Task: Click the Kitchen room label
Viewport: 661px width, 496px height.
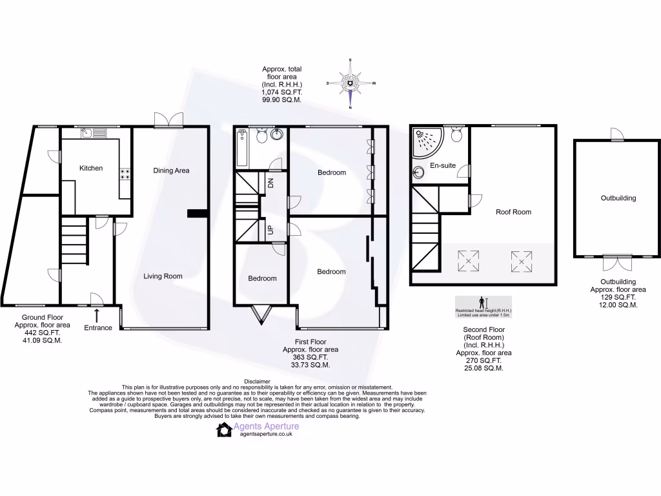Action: pyautogui.click(x=91, y=168)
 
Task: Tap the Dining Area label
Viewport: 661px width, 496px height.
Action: pyautogui.click(x=171, y=170)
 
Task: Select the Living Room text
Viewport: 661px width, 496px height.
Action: pyautogui.click(x=163, y=276)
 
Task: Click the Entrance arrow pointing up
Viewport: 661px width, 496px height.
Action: pyautogui.click(x=97, y=315)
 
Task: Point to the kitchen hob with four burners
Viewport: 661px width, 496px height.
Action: pyautogui.click(x=125, y=174)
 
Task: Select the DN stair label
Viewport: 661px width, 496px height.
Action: pyautogui.click(x=271, y=182)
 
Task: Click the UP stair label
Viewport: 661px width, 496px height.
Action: pyautogui.click(x=271, y=230)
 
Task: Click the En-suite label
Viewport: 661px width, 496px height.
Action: pyautogui.click(x=443, y=166)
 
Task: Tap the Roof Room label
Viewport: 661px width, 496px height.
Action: pyautogui.click(x=513, y=212)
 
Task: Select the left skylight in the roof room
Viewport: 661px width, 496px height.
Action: pyautogui.click(x=468, y=261)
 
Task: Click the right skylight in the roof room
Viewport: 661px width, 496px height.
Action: pyautogui.click(x=522, y=261)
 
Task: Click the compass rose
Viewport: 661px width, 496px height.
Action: pyautogui.click(x=351, y=83)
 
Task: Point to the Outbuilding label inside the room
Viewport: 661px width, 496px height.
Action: pyautogui.click(x=618, y=198)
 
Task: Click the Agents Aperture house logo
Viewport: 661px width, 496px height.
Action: pyautogui.click(x=224, y=430)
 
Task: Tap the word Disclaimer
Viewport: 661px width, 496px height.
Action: pyautogui.click(x=258, y=382)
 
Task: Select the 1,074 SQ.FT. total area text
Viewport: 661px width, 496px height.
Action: pyautogui.click(x=281, y=93)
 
